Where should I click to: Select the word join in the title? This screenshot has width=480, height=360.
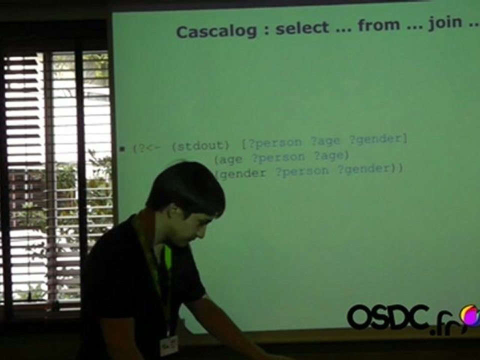(x=445, y=23)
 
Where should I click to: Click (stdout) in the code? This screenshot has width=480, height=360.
(x=200, y=146)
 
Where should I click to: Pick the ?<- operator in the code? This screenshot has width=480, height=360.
(x=148, y=148)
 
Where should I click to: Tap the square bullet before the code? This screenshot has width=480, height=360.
(x=122, y=149)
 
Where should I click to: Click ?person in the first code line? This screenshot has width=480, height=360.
(x=271, y=143)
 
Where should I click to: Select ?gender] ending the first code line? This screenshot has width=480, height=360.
(x=378, y=139)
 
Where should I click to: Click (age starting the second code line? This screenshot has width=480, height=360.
(x=228, y=159)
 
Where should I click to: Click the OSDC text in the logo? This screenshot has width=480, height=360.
(x=388, y=316)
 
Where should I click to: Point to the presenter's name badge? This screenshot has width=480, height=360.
(x=169, y=345)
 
